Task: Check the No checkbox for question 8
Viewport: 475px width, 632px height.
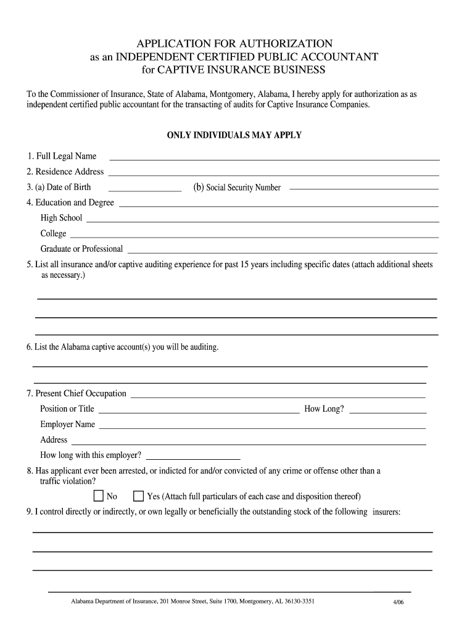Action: (99, 496)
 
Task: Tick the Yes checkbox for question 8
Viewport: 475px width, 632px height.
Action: (139, 496)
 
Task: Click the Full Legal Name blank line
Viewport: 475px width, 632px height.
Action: (274, 158)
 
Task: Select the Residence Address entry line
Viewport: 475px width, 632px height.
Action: (274, 173)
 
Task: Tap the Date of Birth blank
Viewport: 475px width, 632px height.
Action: (145, 189)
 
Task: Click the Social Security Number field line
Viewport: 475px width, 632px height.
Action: (364, 189)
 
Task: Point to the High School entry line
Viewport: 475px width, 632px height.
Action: (263, 220)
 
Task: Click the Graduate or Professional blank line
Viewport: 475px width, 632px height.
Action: (282, 251)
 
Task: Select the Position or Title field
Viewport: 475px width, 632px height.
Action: (199, 410)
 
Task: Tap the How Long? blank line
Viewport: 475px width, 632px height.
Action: (388, 410)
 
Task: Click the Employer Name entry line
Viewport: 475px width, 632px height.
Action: (262, 426)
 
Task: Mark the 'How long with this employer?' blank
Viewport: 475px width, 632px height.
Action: (192, 458)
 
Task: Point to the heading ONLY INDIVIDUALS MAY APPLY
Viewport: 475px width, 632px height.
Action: (234, 135)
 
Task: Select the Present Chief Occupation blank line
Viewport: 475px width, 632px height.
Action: (278, 396)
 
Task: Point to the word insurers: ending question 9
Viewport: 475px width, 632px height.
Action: (386, 512)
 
